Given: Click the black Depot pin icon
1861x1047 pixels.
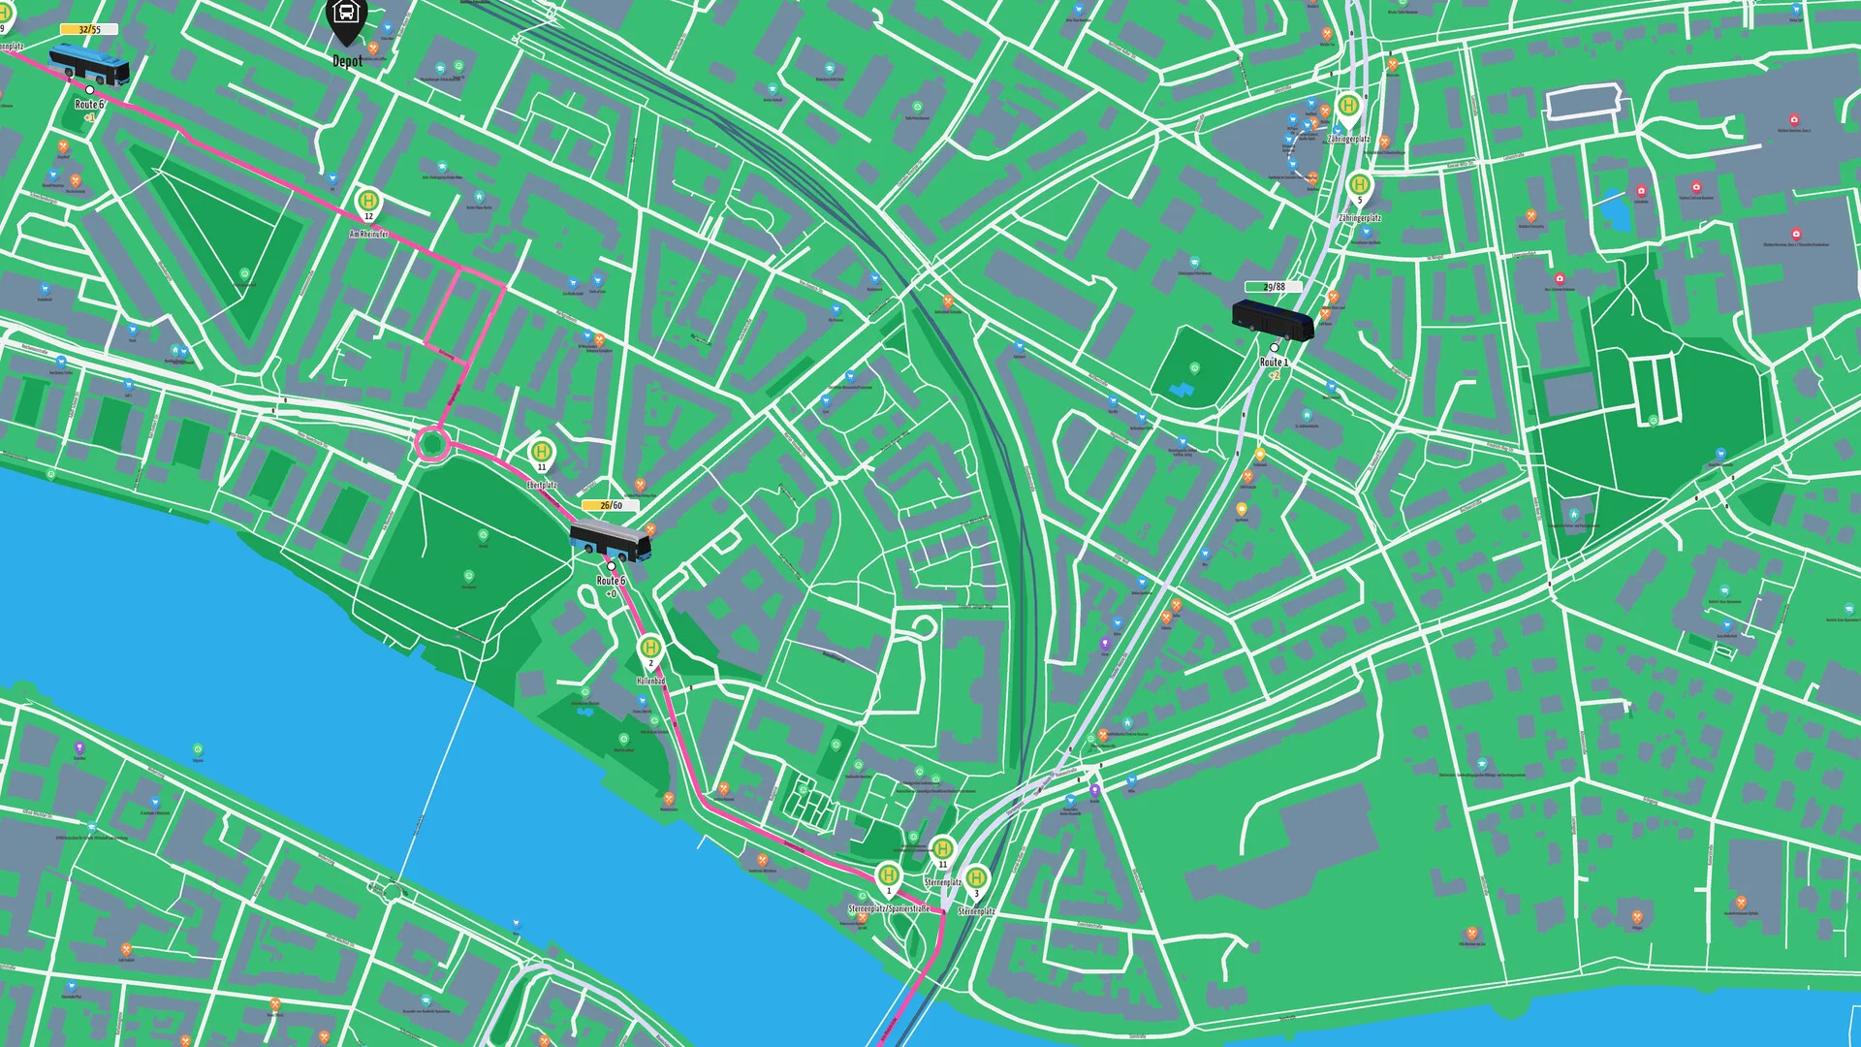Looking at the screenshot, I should click(x=345, y=17).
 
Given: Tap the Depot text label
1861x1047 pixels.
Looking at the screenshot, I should click(x=347, y=61).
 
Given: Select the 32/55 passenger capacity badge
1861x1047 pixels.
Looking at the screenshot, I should click(x=89, y=30).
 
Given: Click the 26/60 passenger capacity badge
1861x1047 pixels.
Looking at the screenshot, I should click(x=611, y=505).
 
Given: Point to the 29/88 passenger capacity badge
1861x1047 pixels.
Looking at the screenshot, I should click(x=1274, y=287).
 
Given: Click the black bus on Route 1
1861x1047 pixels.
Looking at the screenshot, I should click(x=1272, y=320).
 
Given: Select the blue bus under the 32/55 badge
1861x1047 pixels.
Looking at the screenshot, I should click(x=89, y=64).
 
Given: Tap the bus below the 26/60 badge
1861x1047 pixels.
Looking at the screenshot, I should click(x=610, y=542).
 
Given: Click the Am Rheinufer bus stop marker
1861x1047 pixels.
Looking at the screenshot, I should click(x=368, y=203).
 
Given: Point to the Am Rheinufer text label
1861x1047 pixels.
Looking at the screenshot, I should click(x=369, y=235).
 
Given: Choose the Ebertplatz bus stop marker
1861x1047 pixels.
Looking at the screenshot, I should click(x=541, y=452).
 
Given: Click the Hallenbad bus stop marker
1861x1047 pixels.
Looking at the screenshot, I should click(x=650, y=648).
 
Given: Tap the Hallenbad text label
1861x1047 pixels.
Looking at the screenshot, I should click(x=651, y=682).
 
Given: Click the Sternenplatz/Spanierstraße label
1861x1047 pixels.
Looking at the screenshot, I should click(x=889, y=909).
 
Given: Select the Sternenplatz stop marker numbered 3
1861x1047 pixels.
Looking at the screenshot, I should click(x=976, y=879).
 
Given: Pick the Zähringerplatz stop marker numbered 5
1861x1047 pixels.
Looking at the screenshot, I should click(x=1359, y=185).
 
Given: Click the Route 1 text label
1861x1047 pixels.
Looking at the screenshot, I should click(x=1274, y=363).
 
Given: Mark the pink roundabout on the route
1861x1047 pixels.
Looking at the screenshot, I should click(x=431, y=445).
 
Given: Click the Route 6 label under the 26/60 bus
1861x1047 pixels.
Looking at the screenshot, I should click(x=611, y=581).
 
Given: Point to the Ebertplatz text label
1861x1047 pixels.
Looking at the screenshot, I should click(x=542, y=484).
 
